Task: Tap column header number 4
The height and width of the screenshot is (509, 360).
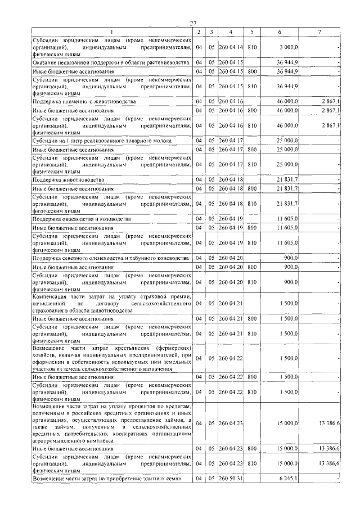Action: tap(231, 31)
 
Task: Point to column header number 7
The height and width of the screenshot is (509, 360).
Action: tap(319, 31)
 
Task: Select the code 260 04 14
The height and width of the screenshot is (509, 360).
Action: tap(231, 48)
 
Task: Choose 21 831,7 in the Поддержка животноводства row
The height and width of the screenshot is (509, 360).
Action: tap(289, 179)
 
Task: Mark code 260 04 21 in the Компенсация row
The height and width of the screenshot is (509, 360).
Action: tap(231, 304)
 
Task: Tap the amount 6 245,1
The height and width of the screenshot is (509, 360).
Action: tap(288, 478)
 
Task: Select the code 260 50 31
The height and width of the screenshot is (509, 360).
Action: tap(231, 478)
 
